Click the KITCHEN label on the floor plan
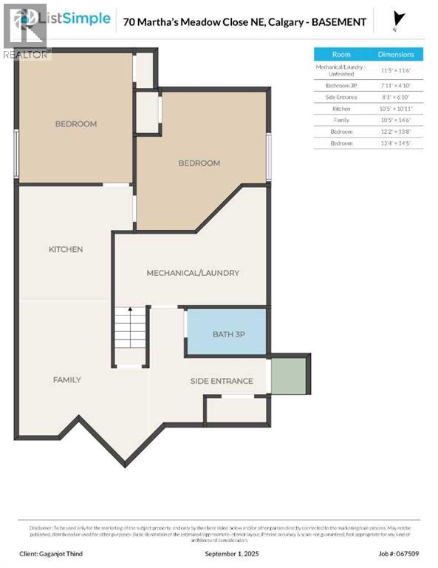[x=66, y=249]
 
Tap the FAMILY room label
[x=66, y=379]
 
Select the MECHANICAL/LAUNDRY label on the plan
[x=193, y=273]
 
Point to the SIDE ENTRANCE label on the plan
[x=222, y=381]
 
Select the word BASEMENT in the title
[x=338, y=22]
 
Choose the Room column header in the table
[x=341, y=54]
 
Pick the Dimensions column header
[x=397, y=54]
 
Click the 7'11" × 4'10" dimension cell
[x=397, y=86]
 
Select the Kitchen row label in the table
[x=341, y=108]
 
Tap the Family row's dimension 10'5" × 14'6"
[x=397, y=119]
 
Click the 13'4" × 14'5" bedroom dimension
[x=397, y=142]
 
